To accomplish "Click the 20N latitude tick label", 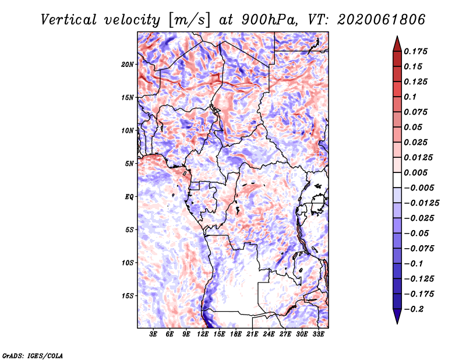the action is tap(128, 65).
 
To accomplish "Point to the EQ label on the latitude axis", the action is tap(129, 197).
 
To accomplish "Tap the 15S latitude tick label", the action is tap(128, 296).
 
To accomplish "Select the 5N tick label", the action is tap(129, 164).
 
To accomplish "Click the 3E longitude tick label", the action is tap(153, 334).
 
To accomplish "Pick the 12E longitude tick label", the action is tap(202, 334).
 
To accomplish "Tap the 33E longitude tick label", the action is tap(318, 334).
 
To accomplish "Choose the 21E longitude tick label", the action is tap(252, 334).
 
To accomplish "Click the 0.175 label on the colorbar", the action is tap(416, 51).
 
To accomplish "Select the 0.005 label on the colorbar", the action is tap(416, 172).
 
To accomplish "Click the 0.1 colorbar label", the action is tap(410, 97).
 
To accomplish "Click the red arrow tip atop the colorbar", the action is tap(397, 36).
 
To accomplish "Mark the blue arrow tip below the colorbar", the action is tap(397, 323).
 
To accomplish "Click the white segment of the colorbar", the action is tap(397, 180).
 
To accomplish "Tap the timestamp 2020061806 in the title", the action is tap(381, 20).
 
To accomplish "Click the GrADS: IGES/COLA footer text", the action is tap(33, 355).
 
